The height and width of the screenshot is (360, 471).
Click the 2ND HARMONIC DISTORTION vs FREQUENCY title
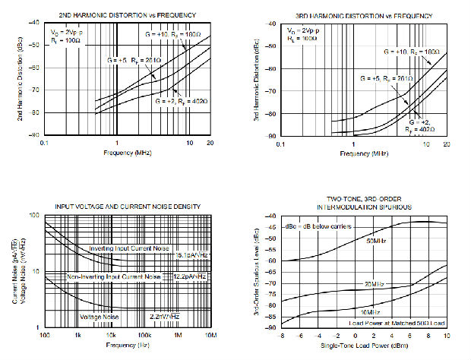[128, 15]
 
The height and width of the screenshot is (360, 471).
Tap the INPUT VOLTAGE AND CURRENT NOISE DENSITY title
[128, 207]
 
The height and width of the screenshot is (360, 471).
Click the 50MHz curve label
[377, 242]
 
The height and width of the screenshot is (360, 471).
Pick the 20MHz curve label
[375, 283]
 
